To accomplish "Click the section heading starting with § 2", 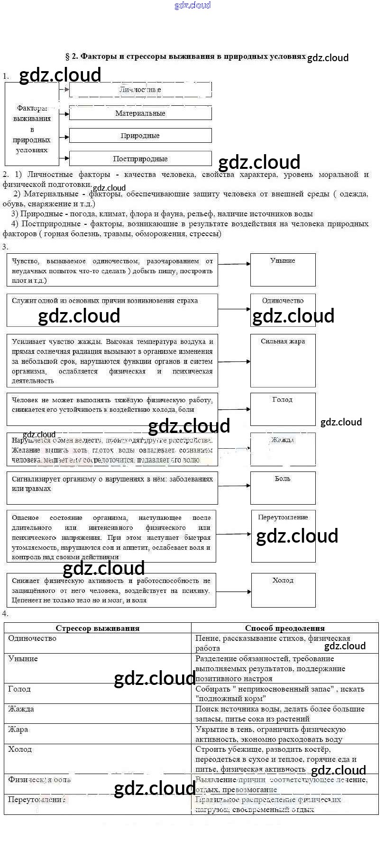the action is tap(185, 56).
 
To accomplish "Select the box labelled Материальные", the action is tap(140, 113).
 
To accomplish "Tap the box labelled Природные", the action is tap(140, 136).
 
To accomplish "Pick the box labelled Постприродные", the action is tap(140, 159).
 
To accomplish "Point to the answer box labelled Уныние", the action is tap(283, 269).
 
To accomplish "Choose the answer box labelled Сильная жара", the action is tap(283, 360).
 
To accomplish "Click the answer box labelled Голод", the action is tap(283, 409).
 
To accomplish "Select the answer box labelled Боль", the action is tap(283, 488).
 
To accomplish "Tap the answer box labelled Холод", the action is tap(283, 590).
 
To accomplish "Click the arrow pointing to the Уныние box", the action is tap(234, 264).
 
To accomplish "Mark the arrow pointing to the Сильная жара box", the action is tap(234, 361).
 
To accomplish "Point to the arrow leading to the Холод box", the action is tap(233, 591).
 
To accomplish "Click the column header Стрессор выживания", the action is tap(98, 628).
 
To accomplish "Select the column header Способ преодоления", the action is tap(284, 628).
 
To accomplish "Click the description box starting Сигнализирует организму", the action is tap(112, 488).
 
